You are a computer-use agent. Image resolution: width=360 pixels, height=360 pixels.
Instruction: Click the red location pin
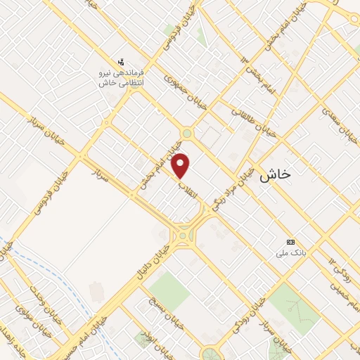[x=181, y=165]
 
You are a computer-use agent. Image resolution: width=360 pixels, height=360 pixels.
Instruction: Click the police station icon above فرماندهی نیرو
[x=122, y=62]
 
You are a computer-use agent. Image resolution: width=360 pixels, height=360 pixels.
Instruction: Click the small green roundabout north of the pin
[x=186, y=133]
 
